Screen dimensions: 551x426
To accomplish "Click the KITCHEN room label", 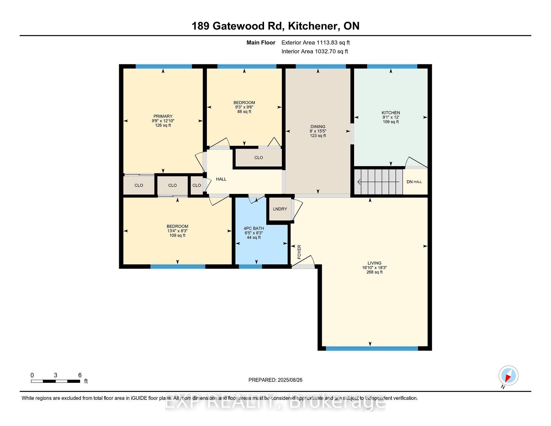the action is (x=391, y=113).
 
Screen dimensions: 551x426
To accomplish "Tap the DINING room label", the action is (x=318, y=127).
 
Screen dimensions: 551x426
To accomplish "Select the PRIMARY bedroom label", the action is (x=163, y=116).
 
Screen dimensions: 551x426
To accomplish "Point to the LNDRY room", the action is (x=280, y=209).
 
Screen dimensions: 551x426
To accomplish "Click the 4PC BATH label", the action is (x=254, y=229).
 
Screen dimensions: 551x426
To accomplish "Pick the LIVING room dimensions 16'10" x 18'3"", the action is (x=374, y=268).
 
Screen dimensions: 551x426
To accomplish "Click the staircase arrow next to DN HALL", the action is (x=378, y=182).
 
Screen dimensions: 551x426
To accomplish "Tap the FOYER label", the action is (x=299, y=252).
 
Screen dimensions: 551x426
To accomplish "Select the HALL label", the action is (x=221, y=179).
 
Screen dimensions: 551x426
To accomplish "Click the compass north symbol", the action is (x=508, y=376).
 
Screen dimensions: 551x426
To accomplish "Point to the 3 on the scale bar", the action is (x=55, y=375).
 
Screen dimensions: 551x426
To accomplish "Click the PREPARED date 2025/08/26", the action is (x=290, y=380).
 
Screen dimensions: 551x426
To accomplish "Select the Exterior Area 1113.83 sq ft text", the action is (x=316, y=43).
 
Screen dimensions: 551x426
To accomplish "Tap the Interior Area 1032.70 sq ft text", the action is (x=315, y=52).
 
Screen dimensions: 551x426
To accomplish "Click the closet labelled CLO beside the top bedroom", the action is (x=259, y=158).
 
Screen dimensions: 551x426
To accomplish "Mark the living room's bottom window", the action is (x=372, y=348).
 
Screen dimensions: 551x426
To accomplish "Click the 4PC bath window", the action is (x=251, y=267).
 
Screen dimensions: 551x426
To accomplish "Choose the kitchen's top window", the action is (x=392, y=66).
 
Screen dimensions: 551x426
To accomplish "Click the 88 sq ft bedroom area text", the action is (x=244, y=112).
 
